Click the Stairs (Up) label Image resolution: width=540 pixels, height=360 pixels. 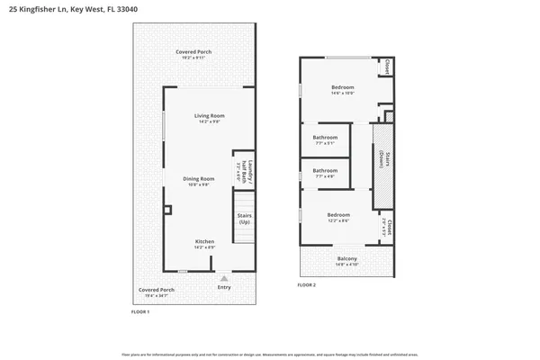click(244, 219)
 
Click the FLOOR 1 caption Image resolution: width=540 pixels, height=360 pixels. click(139, 310)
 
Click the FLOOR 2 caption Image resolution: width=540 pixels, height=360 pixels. click(307, 285)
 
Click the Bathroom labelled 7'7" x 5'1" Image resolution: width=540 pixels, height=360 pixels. click(325, 139)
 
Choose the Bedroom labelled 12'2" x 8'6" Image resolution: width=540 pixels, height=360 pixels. click(338, 216)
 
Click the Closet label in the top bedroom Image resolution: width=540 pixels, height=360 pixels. click(387, 67)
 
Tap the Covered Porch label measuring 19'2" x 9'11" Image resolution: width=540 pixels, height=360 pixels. click(191, 53)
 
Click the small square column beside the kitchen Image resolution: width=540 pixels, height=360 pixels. click(167, 210)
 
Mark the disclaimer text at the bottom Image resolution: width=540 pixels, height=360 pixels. click(270, 354)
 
